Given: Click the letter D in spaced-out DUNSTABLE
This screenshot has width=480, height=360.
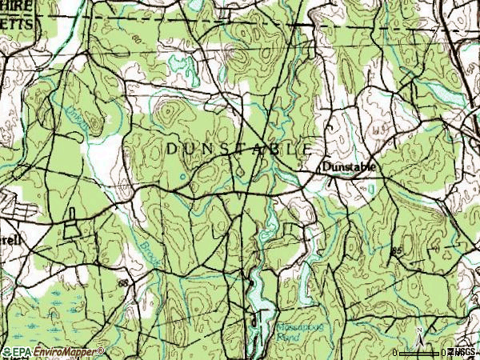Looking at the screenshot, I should [x=171, y=149].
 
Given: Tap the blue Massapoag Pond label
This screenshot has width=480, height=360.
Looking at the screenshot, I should [x=293, y=331].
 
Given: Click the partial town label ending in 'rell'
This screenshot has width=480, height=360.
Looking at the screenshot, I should [x=10, y=239].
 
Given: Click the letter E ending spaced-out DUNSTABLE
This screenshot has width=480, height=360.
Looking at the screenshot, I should [x=309, y=149].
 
